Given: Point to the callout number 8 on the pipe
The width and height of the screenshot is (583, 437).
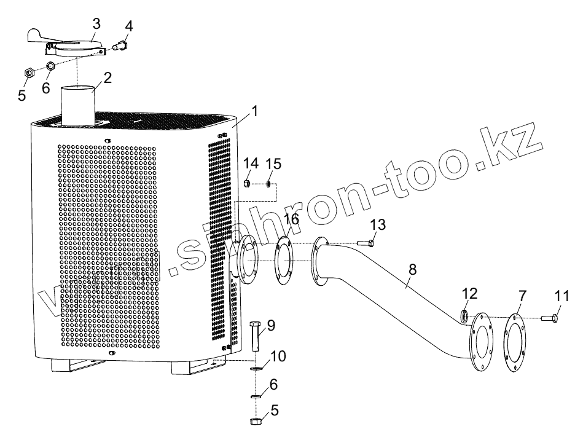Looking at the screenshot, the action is point(412,269).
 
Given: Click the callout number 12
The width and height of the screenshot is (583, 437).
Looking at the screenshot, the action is point(469,294).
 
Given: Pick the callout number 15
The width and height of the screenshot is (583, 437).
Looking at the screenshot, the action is point(274,165).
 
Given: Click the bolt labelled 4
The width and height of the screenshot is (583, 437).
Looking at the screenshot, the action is point(120,44).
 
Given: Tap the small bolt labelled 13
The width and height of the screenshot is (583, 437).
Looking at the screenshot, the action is point(364,244).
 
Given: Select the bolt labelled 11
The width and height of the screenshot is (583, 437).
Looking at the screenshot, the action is point(549,318).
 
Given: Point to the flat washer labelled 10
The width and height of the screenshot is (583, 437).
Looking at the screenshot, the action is point(255,369).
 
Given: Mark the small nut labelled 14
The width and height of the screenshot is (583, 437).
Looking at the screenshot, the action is point(246,183).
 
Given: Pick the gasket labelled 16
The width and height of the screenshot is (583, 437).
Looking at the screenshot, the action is point(283,262).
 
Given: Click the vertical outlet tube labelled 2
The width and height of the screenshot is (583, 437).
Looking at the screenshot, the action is point(78,104).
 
